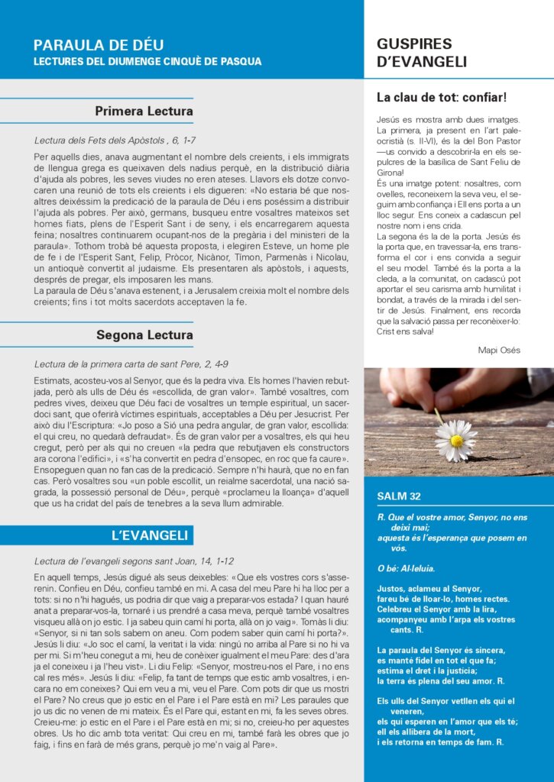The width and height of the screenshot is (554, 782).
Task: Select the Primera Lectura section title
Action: coord(144,111)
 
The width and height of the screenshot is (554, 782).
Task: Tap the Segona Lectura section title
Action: coord(144,335)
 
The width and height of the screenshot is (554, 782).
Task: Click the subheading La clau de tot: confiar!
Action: coord(442,98)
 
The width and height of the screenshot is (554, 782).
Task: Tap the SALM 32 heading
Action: coord(399,496)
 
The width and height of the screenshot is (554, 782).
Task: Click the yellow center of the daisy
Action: coord(456,441)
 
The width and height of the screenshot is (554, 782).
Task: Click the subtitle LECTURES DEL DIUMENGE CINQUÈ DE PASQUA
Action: coord(147,61)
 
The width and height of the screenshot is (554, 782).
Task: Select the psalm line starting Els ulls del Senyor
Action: coord(445,701)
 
